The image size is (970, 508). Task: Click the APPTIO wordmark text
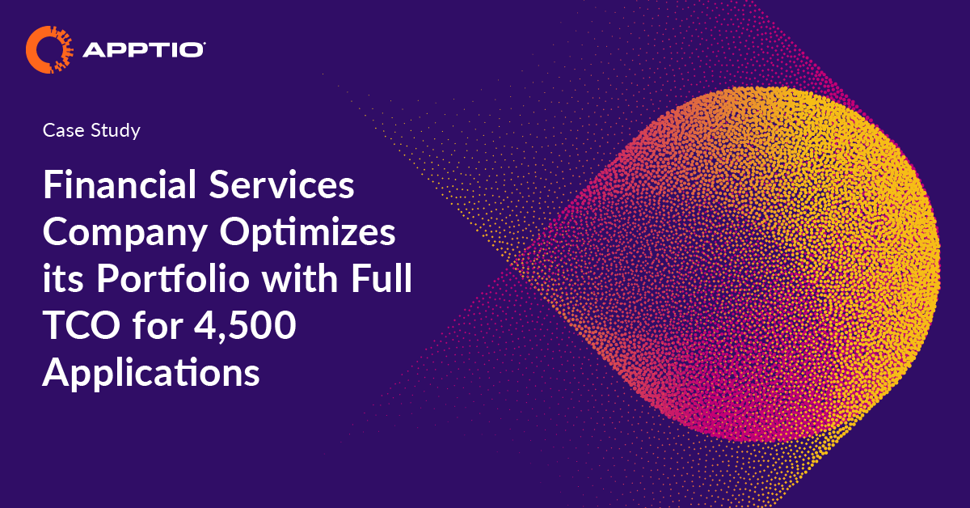coord(142,51)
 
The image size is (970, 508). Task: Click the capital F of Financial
coord(52,187)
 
